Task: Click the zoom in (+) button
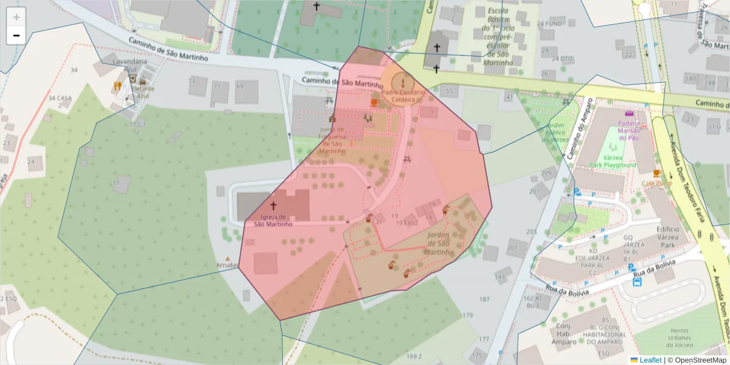[x=16, y=17]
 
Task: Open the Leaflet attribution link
[x=650, y=360]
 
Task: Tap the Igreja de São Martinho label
[x=273, y=220]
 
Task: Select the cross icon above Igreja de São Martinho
[x=273, y=206]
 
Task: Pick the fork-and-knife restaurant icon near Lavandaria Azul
[x=117, y=86]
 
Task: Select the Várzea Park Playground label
[x=612, y=161]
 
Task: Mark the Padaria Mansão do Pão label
[x=628, y=129]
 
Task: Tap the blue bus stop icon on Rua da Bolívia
[x=636, y=268]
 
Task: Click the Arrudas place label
[x=228, y=265]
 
